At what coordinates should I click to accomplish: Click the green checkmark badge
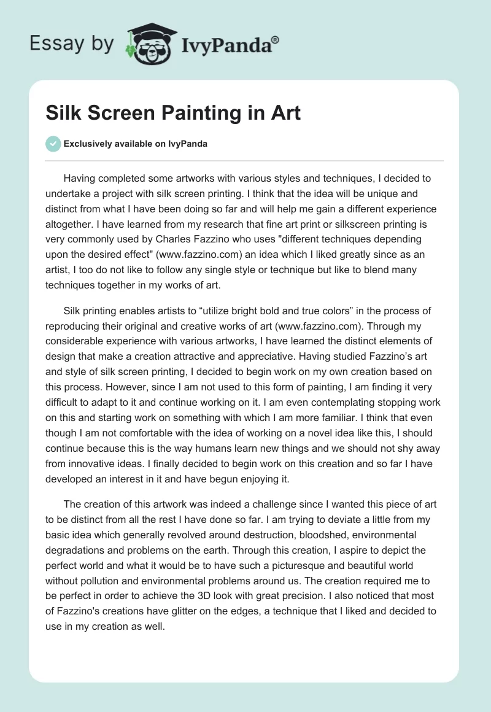click(x=53, y=144)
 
